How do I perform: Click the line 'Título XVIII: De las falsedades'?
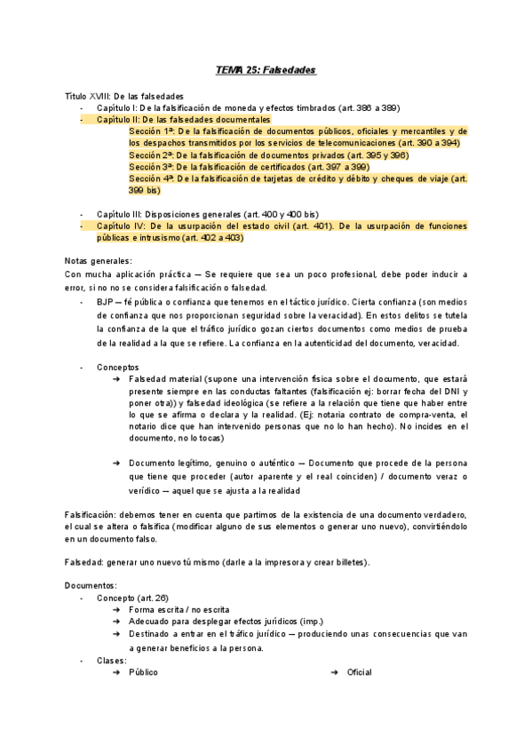click(124, 95)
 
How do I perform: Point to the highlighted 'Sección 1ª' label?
click(151, 131)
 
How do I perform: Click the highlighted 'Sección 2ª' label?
click(151, 155)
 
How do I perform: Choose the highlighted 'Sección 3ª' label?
click(151, 166)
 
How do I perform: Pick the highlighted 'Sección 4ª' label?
click(151, 178)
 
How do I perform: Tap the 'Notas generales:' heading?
click(98, 261)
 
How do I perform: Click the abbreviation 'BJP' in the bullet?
click(105, 303)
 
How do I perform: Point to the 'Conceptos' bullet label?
click(117, 367)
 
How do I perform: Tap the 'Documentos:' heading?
click(91, 586)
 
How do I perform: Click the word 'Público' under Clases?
click(143, 672)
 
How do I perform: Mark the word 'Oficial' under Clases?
click(359, 672)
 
